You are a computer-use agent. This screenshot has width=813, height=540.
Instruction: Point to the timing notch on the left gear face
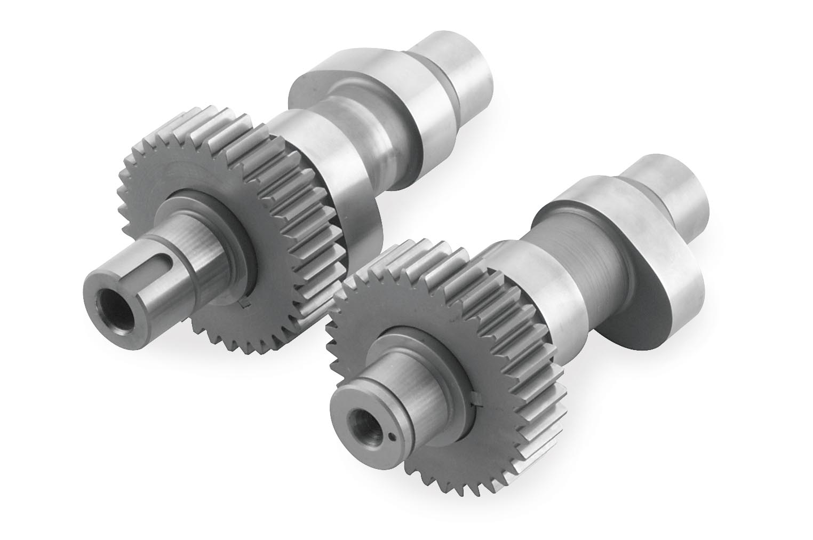245,304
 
